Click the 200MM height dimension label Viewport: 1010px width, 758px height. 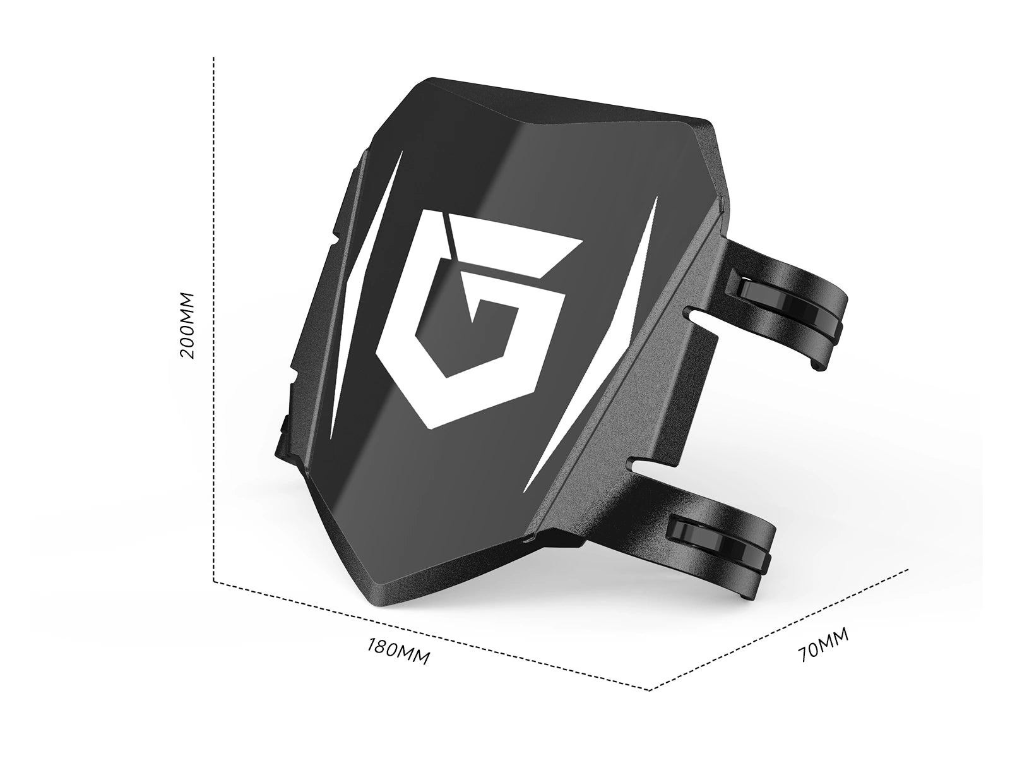coord(187,325)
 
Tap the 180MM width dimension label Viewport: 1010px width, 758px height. coord(398,651)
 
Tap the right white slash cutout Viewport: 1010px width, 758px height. coord(593,345)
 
